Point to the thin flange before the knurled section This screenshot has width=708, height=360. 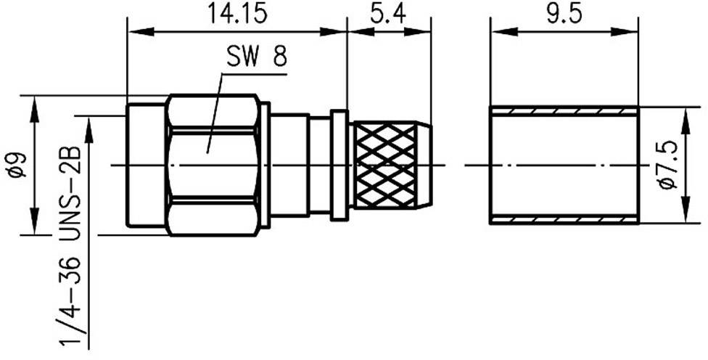coord(339,165)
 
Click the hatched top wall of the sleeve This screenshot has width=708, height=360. coord(564,110)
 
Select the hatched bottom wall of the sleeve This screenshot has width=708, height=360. coord(564,220)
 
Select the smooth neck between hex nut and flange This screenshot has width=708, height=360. coord(290,165)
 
